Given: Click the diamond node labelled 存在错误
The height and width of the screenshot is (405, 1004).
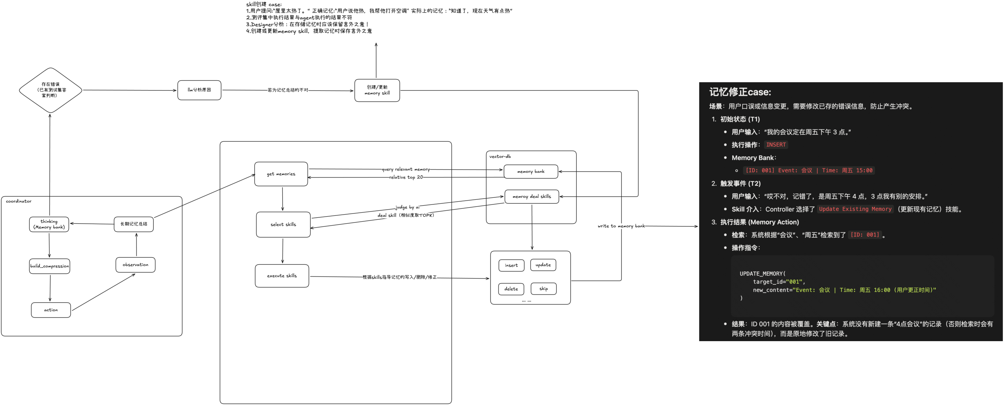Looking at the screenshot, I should point(50,90).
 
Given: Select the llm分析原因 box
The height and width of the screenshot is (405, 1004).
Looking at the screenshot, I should point(199,90).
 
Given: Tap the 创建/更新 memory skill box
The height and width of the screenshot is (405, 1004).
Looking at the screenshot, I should point(377,90).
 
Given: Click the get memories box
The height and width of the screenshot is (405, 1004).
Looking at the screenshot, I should point(281,174).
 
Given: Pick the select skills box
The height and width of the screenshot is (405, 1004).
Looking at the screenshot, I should point(283,224).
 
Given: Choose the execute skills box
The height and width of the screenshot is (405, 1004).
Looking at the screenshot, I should point(282,276).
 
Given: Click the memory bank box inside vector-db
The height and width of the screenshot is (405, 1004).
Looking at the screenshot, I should point(531,172).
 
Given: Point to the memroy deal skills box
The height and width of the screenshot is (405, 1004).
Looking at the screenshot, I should point(531,197).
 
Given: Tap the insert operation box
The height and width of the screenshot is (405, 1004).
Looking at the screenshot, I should point(511,265).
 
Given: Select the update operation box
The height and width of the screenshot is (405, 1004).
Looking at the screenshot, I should point(543,265).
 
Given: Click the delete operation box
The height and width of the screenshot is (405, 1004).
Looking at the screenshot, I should point(511,289).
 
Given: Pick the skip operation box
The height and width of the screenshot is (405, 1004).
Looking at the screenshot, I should point(544,289).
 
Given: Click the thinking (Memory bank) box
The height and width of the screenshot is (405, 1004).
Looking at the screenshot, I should point(49,224).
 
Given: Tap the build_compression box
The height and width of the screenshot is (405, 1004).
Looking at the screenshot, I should point(49,266).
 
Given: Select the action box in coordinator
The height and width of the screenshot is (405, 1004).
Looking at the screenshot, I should point(51,310).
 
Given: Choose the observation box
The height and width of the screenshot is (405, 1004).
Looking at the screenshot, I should point(135,265).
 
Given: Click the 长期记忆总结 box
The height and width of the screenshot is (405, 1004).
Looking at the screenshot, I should point(134,224).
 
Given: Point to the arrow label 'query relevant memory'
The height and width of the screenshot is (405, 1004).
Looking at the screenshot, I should point(406,169).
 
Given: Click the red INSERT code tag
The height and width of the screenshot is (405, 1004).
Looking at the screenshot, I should point(776,145).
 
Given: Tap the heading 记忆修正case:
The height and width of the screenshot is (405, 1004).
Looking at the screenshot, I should point(740,92).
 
